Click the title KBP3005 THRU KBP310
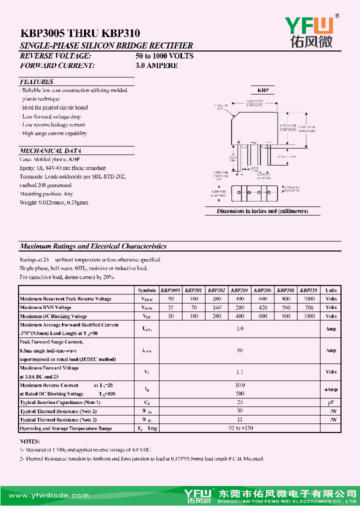[x=80, y=33]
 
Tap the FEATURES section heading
[x=36, y=81]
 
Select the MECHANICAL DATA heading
[x=50, y=150]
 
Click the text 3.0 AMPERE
[x=156, y=65]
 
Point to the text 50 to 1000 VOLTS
[x=164, y=56]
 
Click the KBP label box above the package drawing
[x=263, y=90]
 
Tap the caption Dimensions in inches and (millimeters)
[x=262, y=211]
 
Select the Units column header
[x=331, y=290]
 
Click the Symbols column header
[x=146, y=290]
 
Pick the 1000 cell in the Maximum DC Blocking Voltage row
[x=309, y=316]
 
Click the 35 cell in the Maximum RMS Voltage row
[x=171, y=307]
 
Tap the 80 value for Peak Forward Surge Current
[x=240, y=350]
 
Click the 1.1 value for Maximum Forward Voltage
[x=240, y=372]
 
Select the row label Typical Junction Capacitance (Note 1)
[x=60, y=402]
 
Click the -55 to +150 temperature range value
[x=240, y=428]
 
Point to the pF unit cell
[x=331, y=402]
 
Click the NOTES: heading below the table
[x=29, y=442]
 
